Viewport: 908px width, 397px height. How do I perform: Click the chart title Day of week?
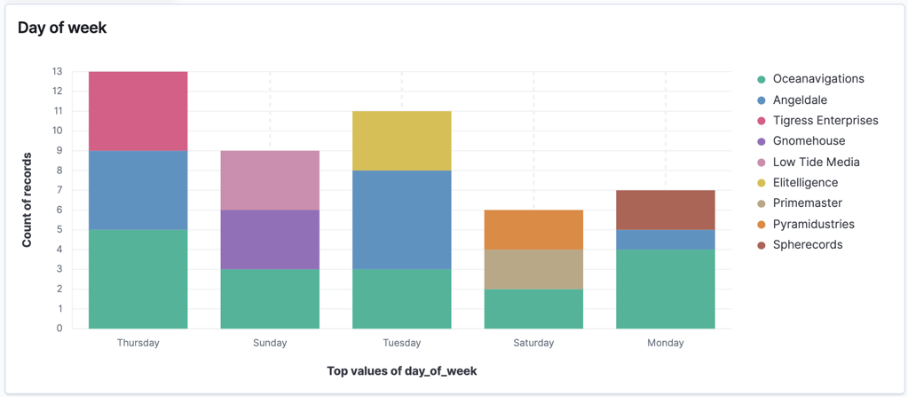click(62, 28)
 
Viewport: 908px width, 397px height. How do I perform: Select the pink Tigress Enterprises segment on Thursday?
click(138, 111)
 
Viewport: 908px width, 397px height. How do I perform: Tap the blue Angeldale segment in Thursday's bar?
click(138, 190)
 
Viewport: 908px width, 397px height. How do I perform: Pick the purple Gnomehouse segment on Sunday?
click(270, 239)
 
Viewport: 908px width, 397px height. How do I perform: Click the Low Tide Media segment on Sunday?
click(270, 180)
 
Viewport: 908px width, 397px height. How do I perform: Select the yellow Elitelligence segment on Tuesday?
click(401, 140)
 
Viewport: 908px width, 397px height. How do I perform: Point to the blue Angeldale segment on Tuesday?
click(401, 219)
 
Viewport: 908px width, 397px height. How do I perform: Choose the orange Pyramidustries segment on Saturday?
click(533, 229)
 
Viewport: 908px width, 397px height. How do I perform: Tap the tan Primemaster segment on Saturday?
click(533, 269)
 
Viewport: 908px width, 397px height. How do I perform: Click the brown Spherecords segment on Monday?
click(665, 210)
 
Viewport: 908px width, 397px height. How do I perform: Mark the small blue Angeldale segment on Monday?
click(665, 240)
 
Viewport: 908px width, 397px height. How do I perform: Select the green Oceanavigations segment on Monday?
click(665, 289)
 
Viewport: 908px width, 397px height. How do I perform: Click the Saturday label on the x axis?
click(533, 343)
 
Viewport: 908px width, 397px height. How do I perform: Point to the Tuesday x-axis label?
click(401, 343)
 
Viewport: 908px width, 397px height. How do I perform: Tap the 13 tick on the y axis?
click(57, 71)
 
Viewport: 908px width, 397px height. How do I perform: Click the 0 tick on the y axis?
click(59, 329)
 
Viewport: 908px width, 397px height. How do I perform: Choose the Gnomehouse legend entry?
click(809, 141)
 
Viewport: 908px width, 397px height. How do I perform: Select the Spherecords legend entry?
click(807, 245)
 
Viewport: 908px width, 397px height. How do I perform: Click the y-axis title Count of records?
click(28, 200)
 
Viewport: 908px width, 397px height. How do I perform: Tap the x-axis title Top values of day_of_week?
click(401, 370)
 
